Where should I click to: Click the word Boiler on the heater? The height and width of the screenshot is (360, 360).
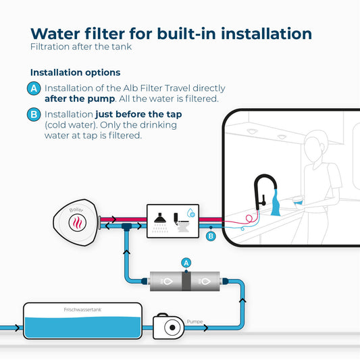(76, 209)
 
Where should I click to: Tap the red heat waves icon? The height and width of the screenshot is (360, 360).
(78, 223)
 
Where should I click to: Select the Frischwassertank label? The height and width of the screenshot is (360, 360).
(82, 309)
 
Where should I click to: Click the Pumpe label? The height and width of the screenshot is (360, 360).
(195, 322)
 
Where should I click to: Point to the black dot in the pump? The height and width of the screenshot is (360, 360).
(172, 328)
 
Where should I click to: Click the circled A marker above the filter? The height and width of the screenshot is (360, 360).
(186, 263)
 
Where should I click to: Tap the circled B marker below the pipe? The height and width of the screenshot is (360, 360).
(211, 236)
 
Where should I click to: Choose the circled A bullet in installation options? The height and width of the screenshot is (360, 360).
(34, 88)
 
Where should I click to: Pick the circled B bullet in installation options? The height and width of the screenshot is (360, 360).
(34, 114)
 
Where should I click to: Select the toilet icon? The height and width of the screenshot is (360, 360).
(182, 222)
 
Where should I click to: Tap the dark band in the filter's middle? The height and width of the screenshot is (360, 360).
(186, 281)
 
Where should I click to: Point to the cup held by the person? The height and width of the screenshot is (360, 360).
(298, 201)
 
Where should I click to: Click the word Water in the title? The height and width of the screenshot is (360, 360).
(55, 34)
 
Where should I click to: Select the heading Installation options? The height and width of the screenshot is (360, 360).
(75, 72)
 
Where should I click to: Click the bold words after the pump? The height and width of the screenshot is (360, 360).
(80, 99)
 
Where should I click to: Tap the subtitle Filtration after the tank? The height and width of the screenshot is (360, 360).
(81, 47)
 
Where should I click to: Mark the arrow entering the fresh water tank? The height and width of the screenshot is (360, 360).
(17, 328)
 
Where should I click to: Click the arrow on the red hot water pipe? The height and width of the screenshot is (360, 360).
(113, 220)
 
